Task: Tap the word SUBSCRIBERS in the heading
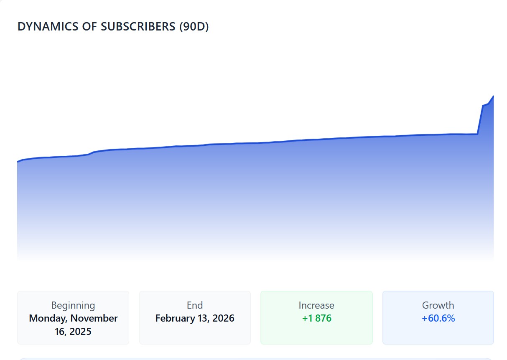(x=138, y=26)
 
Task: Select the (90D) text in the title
(x=194, y=27)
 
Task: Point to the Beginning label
(x=73, y=306)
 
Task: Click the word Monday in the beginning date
(x=48, y=319)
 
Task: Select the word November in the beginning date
(x=94, y=318)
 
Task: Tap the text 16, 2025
(x=73, y=332)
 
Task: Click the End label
(x=195, y=305)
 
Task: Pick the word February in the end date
(x=175, y=319)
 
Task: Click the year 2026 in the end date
(x=223, y=318)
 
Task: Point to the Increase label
(x=316, y=305)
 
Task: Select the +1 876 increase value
(x=317, y=318)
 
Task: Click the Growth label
(x=438, y=305)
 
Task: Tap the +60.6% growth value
(x=438, y=318)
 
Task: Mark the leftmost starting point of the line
(x=18, y=162)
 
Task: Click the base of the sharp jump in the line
(x=478, y=134)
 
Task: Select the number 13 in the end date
(x=203, y=318)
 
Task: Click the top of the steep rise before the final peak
(x=483, y=106)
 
